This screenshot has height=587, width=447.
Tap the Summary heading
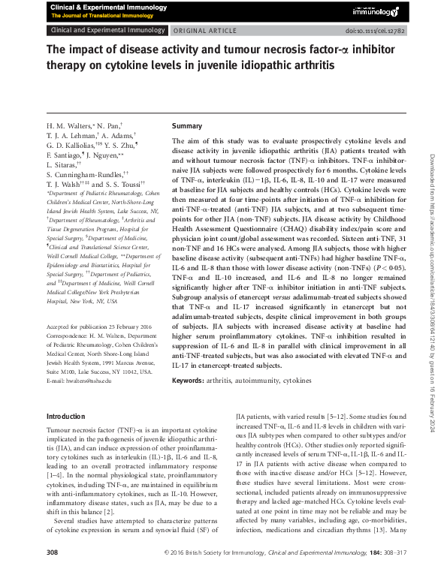click(x=187, y=125)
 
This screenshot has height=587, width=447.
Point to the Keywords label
click(x=187, y=381)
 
